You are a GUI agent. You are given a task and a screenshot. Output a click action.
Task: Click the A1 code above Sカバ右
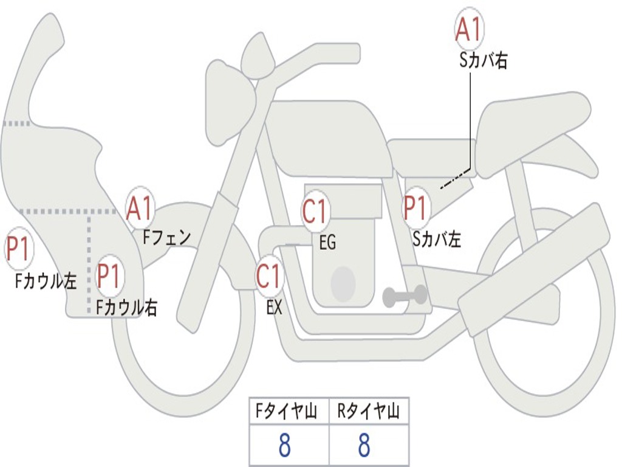tap(469, 29)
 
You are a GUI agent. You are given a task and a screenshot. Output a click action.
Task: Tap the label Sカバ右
tap(484, 61)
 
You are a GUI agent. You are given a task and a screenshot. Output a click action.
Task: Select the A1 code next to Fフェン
tap(140, 209)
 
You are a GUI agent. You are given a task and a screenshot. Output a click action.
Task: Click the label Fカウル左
tap(46, 280)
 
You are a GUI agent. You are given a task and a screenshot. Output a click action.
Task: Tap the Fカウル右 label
tap(127, 307)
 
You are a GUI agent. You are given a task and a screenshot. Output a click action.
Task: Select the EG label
tap(327, 243)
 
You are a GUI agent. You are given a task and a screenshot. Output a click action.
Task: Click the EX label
tap(275, 308)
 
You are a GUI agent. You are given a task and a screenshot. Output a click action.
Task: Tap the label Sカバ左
tap(437, 240)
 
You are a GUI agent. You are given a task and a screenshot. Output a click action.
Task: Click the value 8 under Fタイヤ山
tap(284, 446)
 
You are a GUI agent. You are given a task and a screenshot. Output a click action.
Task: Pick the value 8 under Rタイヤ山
tap(364, 446)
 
